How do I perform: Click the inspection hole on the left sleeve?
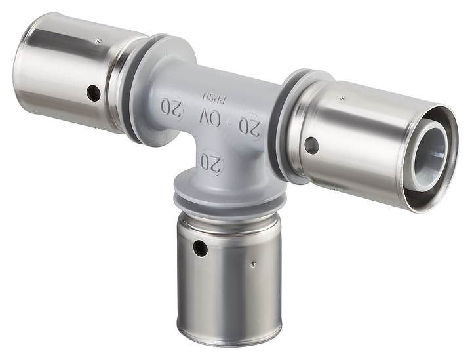click(94, 94)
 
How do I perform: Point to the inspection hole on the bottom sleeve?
click(198, 249)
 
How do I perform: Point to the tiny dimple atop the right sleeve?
click(342, 97)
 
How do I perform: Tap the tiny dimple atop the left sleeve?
click(98, 41)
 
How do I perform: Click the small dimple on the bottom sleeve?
click(253, 265)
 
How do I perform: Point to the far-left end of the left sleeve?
click(18, 66)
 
